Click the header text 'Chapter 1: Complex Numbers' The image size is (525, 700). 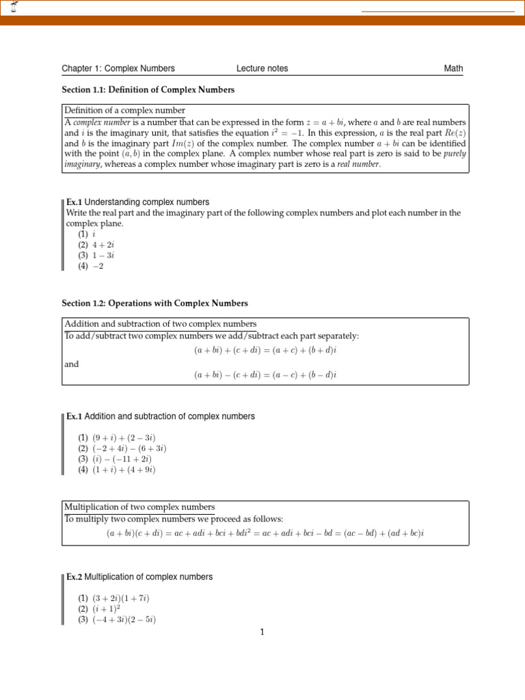pos(118,68)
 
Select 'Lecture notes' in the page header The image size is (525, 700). pos(262,68)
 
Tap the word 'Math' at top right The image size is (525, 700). pos(453,68)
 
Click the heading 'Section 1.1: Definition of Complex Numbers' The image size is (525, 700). pos(148,90)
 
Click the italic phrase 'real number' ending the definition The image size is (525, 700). pos(357,164)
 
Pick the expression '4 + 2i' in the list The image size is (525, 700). pos(105,245)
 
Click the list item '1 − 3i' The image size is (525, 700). pos(105,256)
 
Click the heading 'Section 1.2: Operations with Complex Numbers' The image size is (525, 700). pos(155,303)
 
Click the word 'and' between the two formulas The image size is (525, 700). pos(72,364)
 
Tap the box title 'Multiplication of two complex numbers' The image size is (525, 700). pos(139,507)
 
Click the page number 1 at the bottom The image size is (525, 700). pos(262,632)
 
